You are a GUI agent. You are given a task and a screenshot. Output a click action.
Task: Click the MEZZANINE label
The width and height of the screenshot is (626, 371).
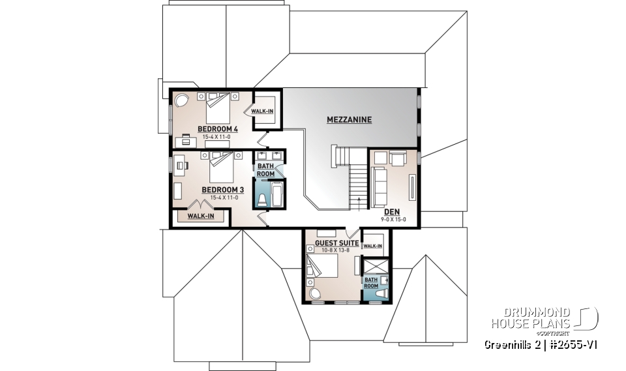click(x=349, y=120)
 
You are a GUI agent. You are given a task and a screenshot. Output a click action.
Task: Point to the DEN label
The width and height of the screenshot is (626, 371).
click(x=391, y=212)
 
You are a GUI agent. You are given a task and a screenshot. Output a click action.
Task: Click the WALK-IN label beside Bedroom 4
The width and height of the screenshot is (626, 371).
click(x=263, y=111)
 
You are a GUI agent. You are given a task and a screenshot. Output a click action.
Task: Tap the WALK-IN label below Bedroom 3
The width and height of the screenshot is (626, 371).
click(x=200, y=216)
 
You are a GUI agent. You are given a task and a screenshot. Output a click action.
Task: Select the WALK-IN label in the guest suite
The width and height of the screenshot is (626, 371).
click(x=372, y=246)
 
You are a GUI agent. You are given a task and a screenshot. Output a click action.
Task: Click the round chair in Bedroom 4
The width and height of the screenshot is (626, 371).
click(x=181, y=102)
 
